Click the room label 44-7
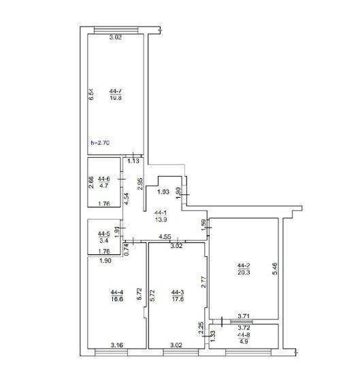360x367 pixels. pos(116,91)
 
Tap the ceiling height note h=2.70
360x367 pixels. pos(100,143)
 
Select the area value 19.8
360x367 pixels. pos(116,98)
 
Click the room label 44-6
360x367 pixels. pos(104,179)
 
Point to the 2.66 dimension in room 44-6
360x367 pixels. pos(91,182)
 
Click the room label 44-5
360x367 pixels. pos(104,233)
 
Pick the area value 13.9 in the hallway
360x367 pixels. pos(161,220)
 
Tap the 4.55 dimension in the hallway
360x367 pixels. pos(165,237)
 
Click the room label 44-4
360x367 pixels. pos(117,292)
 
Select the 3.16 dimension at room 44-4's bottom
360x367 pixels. pos(117,345)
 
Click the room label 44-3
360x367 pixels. pos(178,292)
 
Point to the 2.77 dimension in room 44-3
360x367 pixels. pos(203,282)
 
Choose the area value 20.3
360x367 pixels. pos(244,273)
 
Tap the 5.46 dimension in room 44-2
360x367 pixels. pos(275,268)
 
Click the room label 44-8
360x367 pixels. pos(244,335)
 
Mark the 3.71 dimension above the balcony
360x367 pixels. pos(244,317)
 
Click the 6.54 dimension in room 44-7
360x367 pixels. pos(91,94)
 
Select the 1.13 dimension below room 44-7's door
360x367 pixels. pos(133,161)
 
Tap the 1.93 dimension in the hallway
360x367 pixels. pos(163,192)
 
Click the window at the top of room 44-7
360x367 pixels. pos(116,30)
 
